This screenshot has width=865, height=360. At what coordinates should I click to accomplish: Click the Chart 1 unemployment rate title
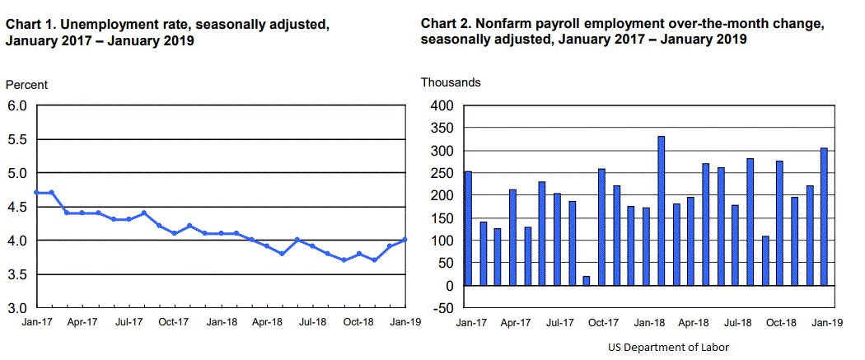[x=168, y=32]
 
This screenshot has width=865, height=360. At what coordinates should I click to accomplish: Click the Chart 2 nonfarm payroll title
[x=622, y=32]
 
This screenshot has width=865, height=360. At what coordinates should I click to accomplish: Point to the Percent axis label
[x=26, y=85]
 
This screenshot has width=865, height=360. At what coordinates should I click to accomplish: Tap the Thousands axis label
[x=451, y=82]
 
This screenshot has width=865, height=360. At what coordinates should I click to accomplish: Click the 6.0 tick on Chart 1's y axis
[x=18, y=105]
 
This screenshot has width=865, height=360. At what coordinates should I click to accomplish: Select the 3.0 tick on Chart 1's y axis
[x=18, y=308]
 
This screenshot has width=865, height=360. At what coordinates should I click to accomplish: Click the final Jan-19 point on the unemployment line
[x=404, y=240]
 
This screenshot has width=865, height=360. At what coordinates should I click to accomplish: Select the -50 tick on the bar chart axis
[x=441, y=308]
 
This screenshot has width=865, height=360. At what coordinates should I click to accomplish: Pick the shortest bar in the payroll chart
[x=587, y=281]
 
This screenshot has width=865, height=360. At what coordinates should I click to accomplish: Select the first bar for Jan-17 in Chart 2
[x=469, y=228]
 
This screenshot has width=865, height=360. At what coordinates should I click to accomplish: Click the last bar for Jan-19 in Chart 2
[x=824, y=217]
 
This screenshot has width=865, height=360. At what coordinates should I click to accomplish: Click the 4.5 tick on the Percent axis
[x=18, y=207]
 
